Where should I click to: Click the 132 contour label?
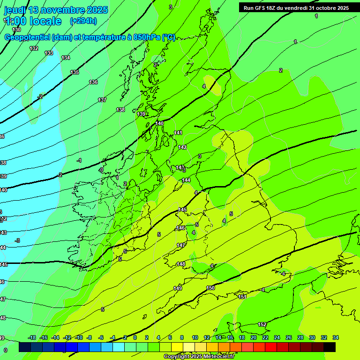(x=34, y=48)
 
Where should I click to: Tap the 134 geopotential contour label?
(x=66, y=58)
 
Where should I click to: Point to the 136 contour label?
(x=93, y=82)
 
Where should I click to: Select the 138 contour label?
(x=120, y=110)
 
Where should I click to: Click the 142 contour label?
(x=182, y=147)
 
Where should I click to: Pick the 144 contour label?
(x=186, y=180)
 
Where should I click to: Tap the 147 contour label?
(x=181, y=245)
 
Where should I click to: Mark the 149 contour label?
(x=178, y=288)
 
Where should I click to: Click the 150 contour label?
(x=210, y=288)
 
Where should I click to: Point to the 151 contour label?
(x=242, y=297)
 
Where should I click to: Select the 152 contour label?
(x=262, y=324)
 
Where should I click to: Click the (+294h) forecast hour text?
(x=83, y=21)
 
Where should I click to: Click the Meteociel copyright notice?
(x=199, y=357)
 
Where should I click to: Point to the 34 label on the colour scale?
(x=336, y=337)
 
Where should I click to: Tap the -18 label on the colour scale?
(x=32, y=337)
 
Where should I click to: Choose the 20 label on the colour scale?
(x=254, y=337)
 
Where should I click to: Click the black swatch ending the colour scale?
(x=330, y=347)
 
